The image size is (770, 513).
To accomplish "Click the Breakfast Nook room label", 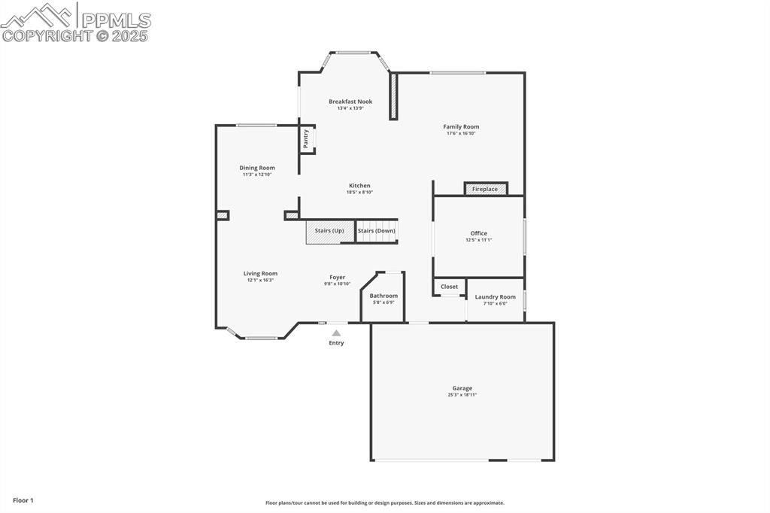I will pos(350,102).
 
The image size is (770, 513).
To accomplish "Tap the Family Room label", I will pos(461,127).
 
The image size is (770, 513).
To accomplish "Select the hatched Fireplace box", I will pos(485,189).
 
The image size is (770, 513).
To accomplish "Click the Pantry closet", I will pos(307,139).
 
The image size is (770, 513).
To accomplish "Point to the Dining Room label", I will pos(257,168).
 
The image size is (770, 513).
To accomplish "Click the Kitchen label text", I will pos(359,186).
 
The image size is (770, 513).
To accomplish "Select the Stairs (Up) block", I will pos(329,231).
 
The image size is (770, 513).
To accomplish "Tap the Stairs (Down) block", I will pos(376,231).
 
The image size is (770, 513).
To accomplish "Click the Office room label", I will pos(478,233).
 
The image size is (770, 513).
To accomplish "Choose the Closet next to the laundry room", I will pos(449,287).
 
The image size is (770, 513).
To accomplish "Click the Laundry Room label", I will pos(495,297).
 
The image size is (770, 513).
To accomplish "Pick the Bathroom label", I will pos(383,296).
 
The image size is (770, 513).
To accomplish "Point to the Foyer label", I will pos(337,277).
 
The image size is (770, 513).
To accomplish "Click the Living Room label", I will pos(260,274).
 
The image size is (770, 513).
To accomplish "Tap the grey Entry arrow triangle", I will pos(336,332).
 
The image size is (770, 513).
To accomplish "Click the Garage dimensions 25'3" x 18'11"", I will pos(462,394).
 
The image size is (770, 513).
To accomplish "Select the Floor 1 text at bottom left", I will pos(23,500).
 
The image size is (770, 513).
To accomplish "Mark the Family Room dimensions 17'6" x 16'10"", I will pos(461,133).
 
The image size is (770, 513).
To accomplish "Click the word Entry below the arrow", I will pos(336,343).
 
